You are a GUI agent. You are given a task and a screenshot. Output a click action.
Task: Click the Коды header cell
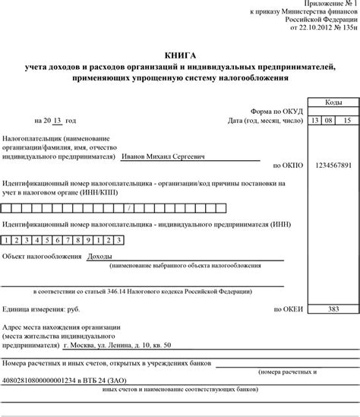pos(333,102)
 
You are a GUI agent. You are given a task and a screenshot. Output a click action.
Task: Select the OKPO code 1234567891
pos(333,165)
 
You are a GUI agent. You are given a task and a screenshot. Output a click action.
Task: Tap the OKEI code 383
pos(333,310)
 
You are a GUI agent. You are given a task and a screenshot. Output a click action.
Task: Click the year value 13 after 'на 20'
pos(57,120)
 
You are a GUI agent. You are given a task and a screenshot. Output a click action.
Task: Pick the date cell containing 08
pos(333,121)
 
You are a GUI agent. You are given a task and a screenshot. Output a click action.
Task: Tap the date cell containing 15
pos(348,121)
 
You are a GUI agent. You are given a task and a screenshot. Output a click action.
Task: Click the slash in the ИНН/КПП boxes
pos(131,207)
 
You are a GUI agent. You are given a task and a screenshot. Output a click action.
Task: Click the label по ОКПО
pos(287,165)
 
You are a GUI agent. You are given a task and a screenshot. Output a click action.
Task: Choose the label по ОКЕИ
pos(287,310)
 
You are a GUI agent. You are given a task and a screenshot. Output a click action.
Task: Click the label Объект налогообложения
pos(42,257)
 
